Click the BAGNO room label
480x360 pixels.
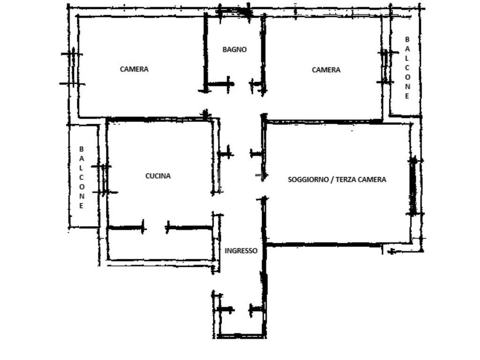point(234,49)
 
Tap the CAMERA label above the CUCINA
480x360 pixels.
point(134,69)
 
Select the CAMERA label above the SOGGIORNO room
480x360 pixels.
point(326,70)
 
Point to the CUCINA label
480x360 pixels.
point(158,176)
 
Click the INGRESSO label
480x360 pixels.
point(241,251)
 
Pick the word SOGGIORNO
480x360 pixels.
point(307,180)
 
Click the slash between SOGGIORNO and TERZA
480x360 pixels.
point(331,180)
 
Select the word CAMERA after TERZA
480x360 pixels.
point(372,180)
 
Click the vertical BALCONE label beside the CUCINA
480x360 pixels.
point(82,177)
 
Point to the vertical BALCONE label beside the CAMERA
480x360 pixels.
point(407,67)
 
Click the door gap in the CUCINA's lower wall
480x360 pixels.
point(155,228)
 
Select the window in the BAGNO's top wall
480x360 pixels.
point(234,12)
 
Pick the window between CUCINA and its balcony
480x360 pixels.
point(105,180)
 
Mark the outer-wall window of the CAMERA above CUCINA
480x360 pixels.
point(73,69)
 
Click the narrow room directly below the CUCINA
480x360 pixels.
point(160,244)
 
